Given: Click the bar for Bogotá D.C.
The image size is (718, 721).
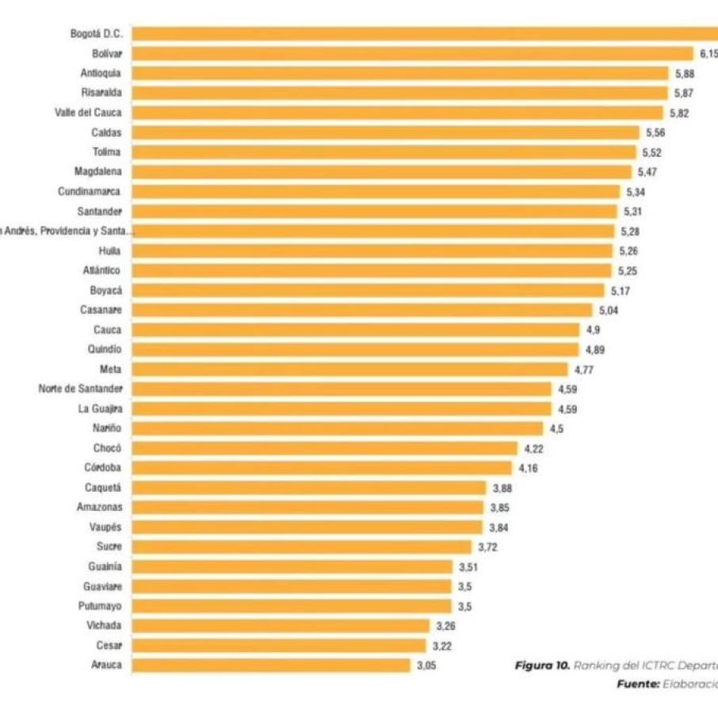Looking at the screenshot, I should [x=425, y=33].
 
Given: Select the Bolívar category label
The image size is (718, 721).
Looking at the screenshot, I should [x=107, y=53].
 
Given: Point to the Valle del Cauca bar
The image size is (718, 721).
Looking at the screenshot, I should [x=397, y=113].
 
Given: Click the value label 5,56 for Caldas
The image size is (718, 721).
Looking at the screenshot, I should [x=655, y=132].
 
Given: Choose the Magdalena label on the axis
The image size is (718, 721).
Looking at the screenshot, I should [x=98, y=172].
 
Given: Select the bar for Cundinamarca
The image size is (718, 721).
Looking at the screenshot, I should [x=376, y=192].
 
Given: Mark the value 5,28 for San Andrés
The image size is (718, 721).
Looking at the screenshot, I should [x=629, y=231].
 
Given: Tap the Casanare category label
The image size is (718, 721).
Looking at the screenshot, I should [x=101, y=310].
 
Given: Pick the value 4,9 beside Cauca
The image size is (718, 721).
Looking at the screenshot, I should [x=593, y=330].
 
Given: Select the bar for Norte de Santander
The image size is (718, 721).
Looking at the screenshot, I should [x=342, y=389].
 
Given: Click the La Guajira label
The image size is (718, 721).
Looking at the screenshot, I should [x=100, y=409].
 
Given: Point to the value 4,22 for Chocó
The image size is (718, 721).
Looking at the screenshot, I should [x=534, y=448].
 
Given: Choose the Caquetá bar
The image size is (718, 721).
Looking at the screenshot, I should [x=308, y=487].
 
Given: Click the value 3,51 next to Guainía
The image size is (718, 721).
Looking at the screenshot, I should [x=468, y=566].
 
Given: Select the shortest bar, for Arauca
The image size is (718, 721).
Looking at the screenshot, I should [x=271, y=665].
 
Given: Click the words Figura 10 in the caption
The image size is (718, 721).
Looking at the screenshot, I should [x=542, y=666].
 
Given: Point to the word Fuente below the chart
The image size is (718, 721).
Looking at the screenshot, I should [x=636, y=683].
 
